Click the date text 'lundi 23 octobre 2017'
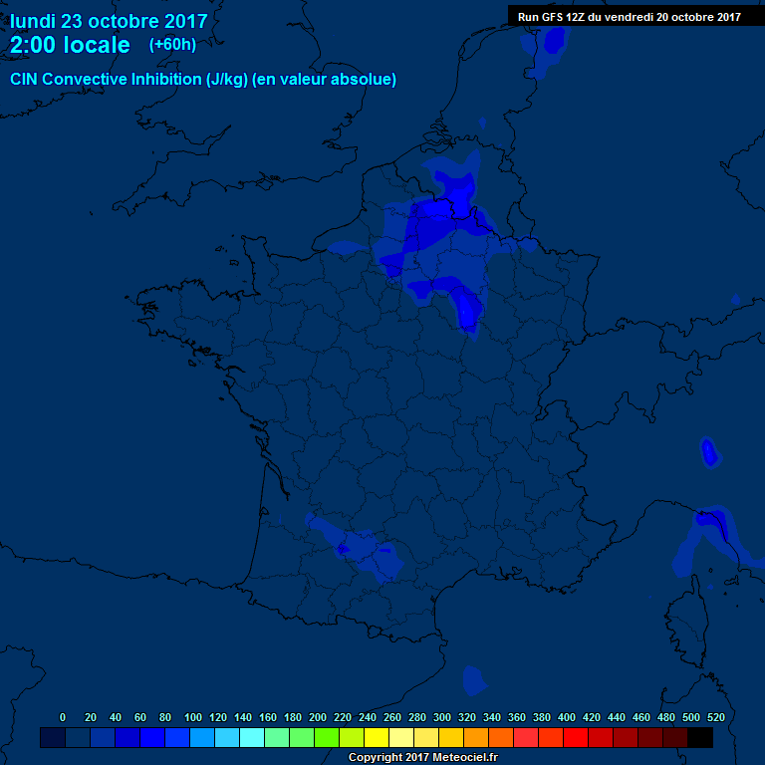tap(109, 20)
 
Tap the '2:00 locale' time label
tap(70, 45)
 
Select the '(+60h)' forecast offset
tap(172, 44)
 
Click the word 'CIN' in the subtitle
tap(24, 79)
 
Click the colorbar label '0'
tap(63, 717)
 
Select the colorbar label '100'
tap(193, 717)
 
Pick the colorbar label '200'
tap(318, 717)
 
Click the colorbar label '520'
tap(715, 717)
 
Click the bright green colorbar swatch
tap(327, 738)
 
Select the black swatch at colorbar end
tap(700, 738)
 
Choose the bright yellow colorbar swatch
tap(377, 738)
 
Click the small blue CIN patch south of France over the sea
tap(474, 680)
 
